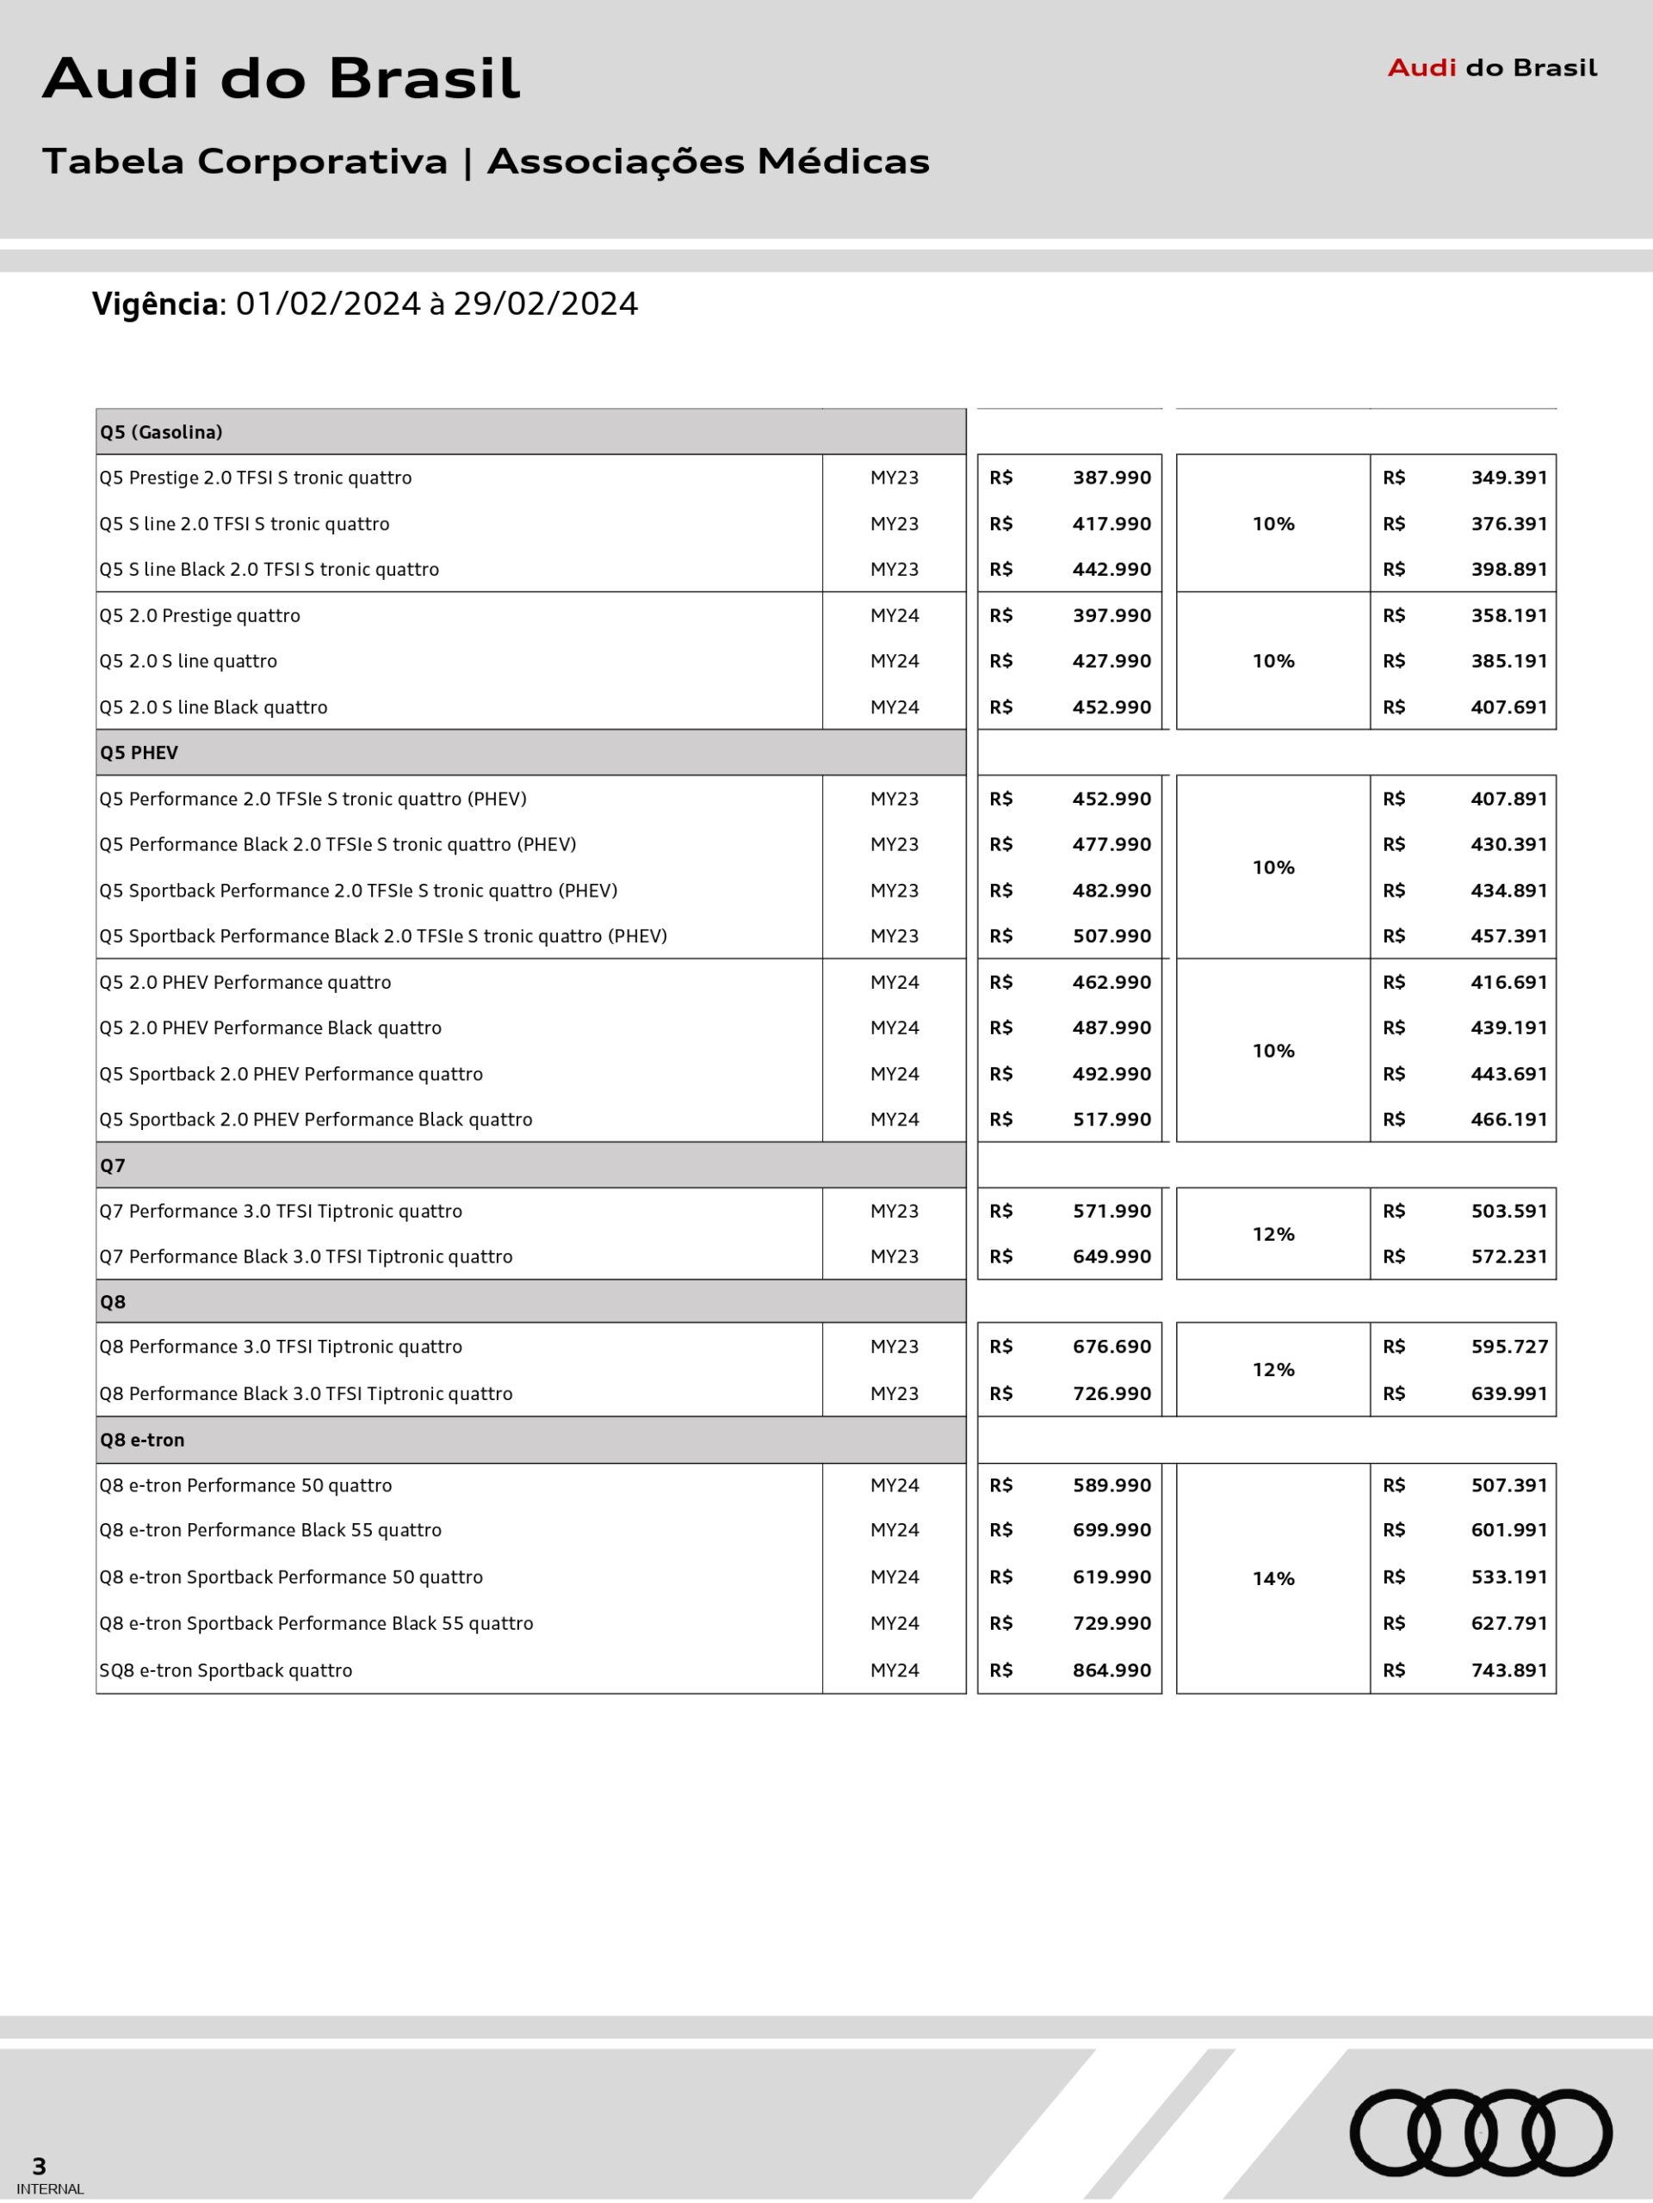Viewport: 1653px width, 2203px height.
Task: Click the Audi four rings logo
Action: (x=1481, y=2132)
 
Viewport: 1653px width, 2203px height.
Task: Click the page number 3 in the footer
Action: (x=39, y=2166)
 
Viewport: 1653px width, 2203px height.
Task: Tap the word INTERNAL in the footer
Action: (x=50, y=2189)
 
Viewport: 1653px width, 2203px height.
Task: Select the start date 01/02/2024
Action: (x=328, y=304)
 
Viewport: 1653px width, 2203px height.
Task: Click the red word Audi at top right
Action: (x=1422, y=68)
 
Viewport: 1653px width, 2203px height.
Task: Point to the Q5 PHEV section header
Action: (x=139, y=753)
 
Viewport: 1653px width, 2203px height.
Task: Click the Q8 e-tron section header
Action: (x=141, y=1440)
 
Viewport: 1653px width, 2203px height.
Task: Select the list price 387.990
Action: (x=1111, y=478)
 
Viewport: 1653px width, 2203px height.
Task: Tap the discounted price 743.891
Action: (x=1508, y=1670)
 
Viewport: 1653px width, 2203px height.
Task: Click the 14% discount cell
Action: (x=1272, y=1578)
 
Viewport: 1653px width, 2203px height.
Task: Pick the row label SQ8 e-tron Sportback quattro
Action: (x=226, y=1670)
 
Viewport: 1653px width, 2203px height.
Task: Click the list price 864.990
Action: (x=1111, y=1670)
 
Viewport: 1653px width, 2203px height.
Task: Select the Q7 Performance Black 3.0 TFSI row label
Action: (x=305, y=1257)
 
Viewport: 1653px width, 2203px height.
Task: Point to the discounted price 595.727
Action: (x=1508, y=1347)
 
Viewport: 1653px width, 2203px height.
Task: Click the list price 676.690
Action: (x=1111, y=1347)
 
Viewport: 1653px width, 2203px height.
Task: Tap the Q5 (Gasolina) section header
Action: (x=160, y=432)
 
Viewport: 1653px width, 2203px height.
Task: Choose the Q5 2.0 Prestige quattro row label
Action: (x=199, y=615)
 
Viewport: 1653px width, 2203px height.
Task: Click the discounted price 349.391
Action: (x=1508, y=478)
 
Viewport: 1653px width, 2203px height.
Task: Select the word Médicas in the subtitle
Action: (x=843, y=161)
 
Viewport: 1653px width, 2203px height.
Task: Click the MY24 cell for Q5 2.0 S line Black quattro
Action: (x=894, y=707)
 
